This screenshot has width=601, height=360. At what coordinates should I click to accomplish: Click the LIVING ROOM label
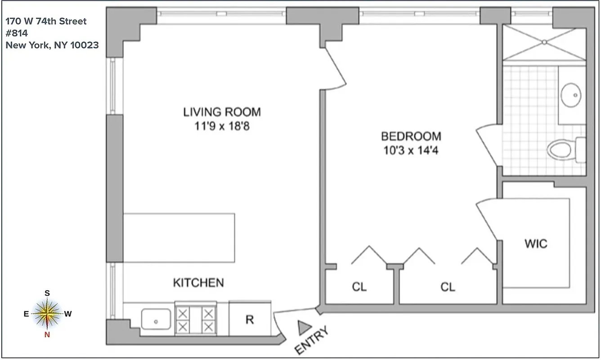[x=222, y=112]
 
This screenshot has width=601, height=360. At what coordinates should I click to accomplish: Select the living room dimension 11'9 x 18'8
[x=222, y=126]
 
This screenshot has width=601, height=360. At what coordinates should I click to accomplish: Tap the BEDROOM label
[x=411, y=136]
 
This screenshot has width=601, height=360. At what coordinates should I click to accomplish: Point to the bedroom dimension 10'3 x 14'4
[x=411, y=150]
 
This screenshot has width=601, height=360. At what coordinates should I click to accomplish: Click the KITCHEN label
[x=198, y=283]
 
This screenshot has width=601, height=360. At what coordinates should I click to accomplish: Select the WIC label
[x=536, y=244]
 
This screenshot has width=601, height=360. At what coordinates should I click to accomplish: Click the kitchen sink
[x=156, y=319]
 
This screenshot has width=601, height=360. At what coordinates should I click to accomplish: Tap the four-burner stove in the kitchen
[x=195, y=319]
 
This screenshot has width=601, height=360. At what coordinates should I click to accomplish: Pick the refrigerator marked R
[x=250, y=319]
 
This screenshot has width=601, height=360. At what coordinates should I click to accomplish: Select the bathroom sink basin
[x=571, y=95]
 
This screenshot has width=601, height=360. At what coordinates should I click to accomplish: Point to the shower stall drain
[x=544, y=42]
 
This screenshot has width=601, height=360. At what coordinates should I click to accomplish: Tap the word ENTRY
[x=312, y=341]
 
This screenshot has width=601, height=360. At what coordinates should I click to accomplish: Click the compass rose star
[x=47, y=314]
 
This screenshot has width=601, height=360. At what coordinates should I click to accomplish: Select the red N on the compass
[x=47, y=334]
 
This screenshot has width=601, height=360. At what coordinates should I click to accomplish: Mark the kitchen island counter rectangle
[x=179, y=238]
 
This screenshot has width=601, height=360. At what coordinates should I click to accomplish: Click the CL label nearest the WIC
[x=448, y=287]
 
